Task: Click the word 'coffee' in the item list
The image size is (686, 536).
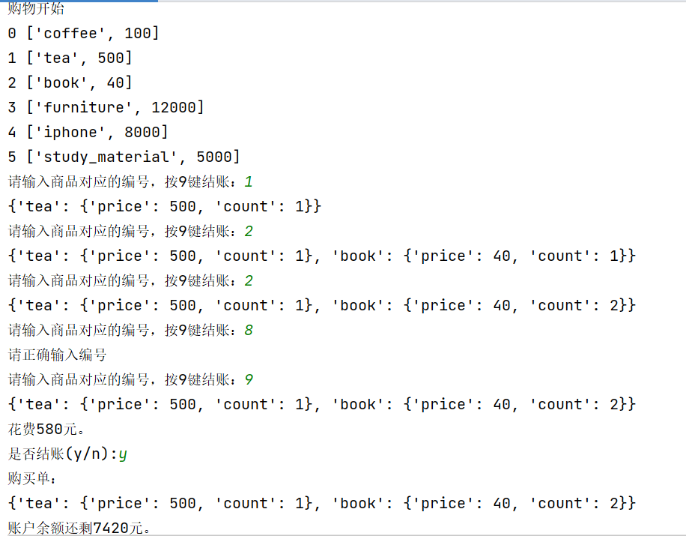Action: coord(70,33)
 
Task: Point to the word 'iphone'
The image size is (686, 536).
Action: coord(70,132)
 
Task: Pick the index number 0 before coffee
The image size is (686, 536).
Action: coord(12,33)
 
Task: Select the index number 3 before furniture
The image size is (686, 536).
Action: coord(12,107)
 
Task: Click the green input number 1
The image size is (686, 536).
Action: coord(249,181)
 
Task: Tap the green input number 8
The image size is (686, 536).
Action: coord(249,330)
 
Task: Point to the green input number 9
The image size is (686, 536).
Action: coord(249,379)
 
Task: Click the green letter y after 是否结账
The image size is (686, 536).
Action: coord(123,454)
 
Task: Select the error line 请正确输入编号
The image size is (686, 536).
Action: coord(57,355)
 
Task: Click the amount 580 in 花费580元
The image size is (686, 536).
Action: coord(50,430)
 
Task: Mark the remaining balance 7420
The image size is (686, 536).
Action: coord(111,529)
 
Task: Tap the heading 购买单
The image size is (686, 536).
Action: coord(32,478)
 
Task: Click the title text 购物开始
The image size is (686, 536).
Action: coord(36,9)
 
